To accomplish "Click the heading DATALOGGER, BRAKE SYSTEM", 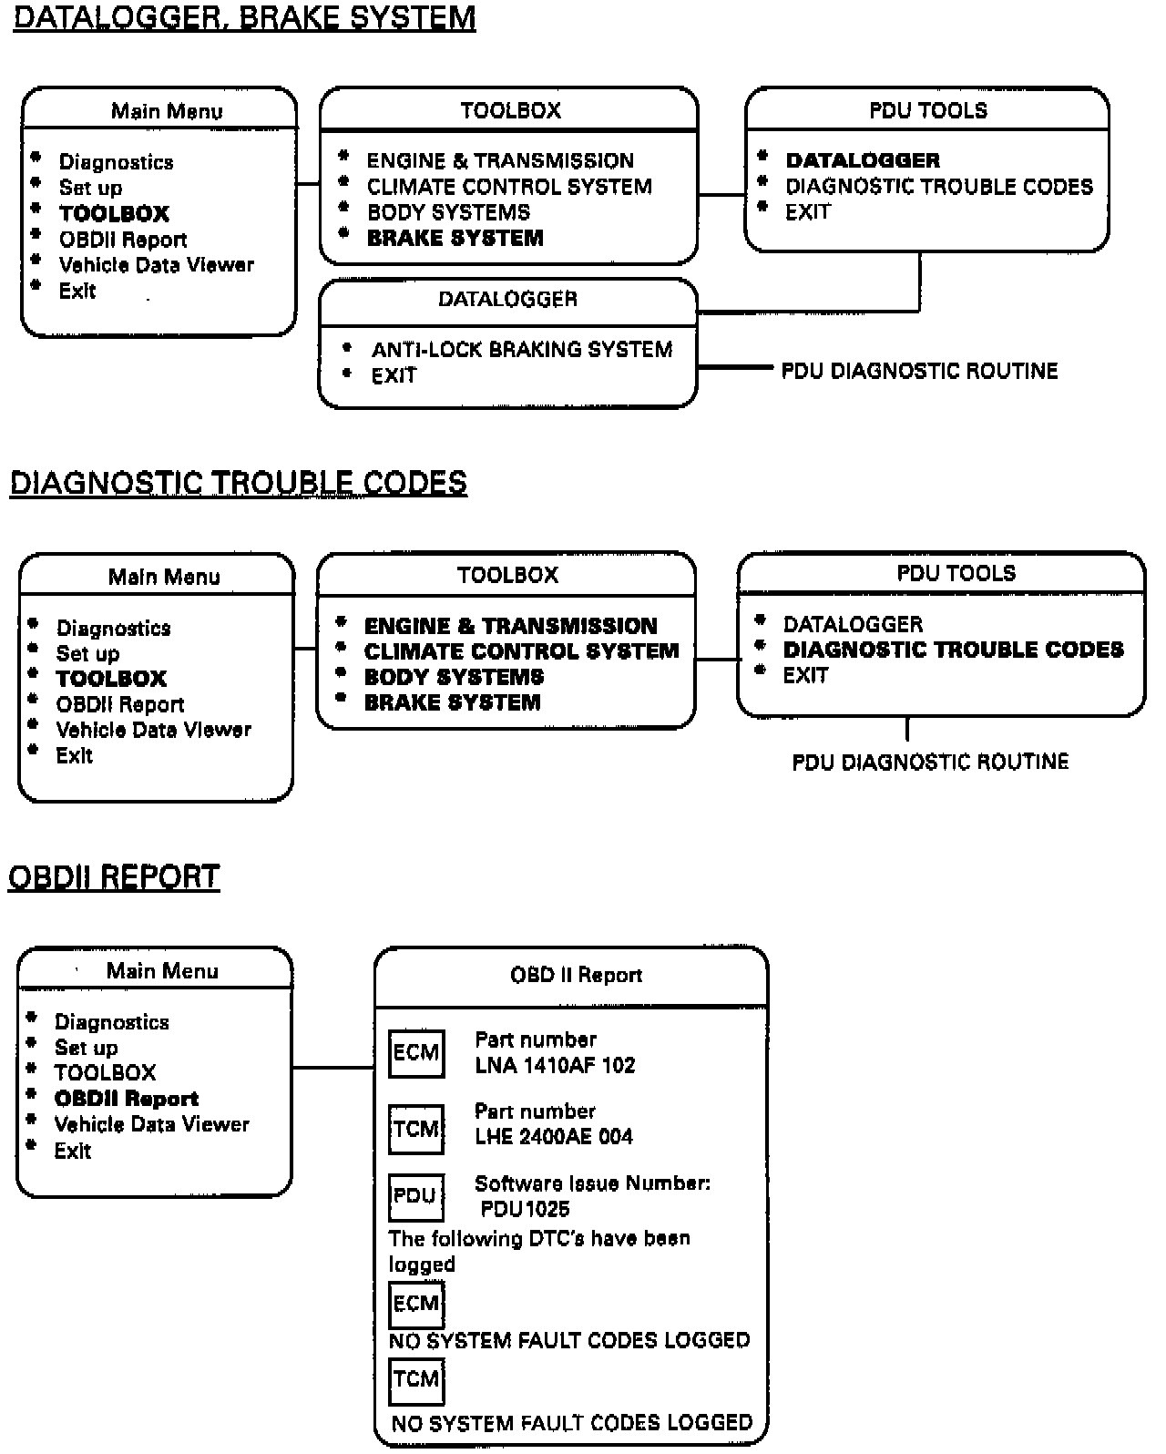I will [x=244, y=18].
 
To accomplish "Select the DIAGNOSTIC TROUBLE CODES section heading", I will [x=238, y=483].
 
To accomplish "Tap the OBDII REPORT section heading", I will [x=114, y=876].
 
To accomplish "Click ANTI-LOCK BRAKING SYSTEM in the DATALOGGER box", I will [x=521, y=350].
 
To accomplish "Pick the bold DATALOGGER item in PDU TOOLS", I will [x=862, y=161].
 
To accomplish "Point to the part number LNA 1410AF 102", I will [x=555, y=1065].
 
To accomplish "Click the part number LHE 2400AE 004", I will [x=553, y=1136].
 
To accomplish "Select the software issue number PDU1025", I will [x=525, y=1209].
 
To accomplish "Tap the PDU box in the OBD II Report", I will [x=416, y=1196].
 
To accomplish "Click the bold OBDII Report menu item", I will [x=126, y=1099].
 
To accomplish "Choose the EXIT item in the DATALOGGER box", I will [x=394, y=375].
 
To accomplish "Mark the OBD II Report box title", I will [x=576, y=976].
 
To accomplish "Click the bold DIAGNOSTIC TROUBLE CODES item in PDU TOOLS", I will [x=953, y=650].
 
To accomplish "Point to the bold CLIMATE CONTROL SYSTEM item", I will [x=521, y=651].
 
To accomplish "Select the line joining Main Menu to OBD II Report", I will [x=333, y=1067].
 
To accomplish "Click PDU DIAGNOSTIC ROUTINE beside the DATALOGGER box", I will [x=919, y=372].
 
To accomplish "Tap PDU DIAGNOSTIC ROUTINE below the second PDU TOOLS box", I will [x=930, y=762].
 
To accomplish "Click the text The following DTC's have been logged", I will [x=538, y=1251].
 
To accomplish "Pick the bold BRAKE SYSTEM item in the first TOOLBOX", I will [x=455, y=239].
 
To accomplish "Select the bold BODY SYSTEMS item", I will [x=454, y=677].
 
